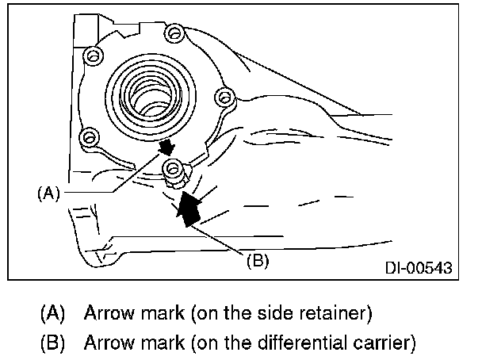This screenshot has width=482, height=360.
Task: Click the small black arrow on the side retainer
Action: tap(166, 148)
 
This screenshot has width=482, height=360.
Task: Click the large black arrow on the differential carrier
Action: tap(189, 208)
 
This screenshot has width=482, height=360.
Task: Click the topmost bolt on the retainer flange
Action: tap(173, 33)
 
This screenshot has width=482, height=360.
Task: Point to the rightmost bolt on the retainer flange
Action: tap(224, 98)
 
